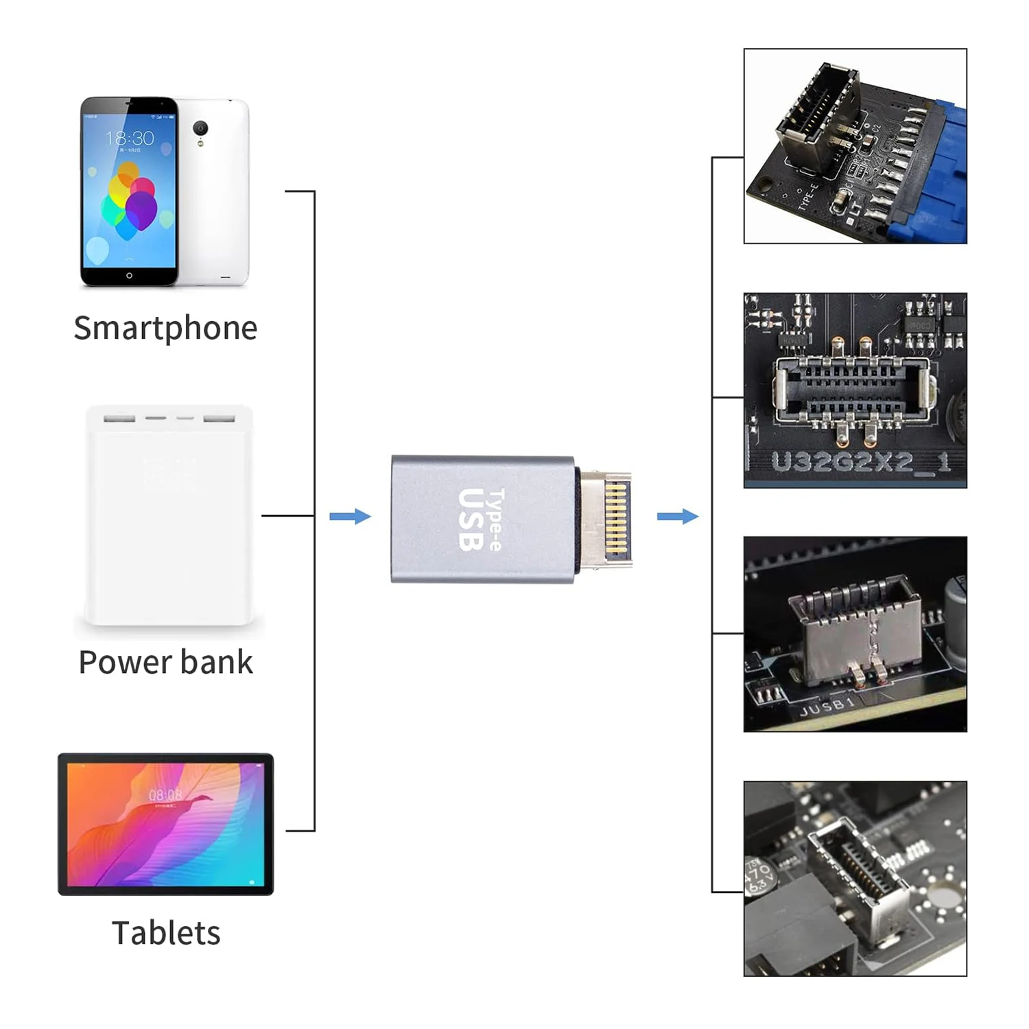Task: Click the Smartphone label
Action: point(165,328)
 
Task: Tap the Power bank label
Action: point(165,662)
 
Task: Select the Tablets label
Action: point(166,933)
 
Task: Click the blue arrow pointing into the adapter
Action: point(350,516)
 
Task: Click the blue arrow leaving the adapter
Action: point(678,516)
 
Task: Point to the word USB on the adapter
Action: point(471,519)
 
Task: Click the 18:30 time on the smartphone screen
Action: point(130,139)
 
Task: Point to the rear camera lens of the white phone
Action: point(200,128)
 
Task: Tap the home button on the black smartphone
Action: point(129,275)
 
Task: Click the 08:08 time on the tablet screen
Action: point(165,795)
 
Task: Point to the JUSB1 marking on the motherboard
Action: point(827,707)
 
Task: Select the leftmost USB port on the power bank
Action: point(119,418)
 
